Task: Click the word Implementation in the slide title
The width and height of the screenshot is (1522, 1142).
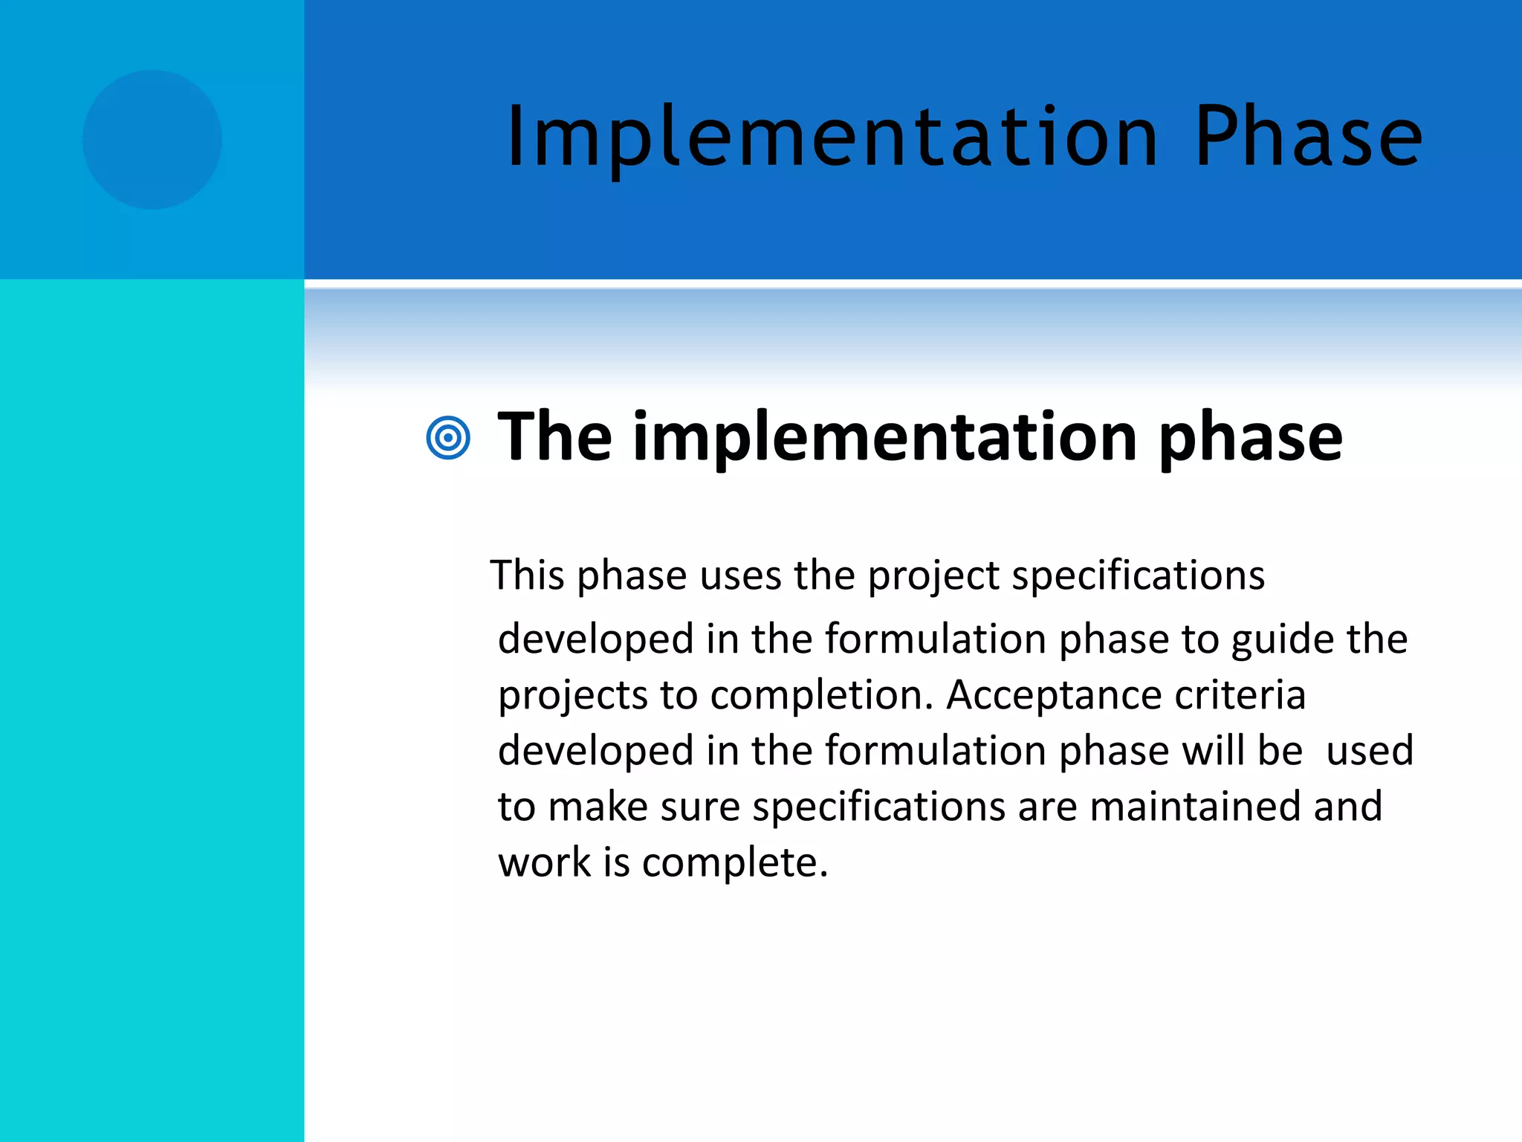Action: pyautogui.click(x=832, y=138)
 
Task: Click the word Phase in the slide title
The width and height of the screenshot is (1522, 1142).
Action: pyautogui.click(x=1308, y=138)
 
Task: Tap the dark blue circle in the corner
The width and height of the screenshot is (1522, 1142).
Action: pyautogui.click(x=152, y=140)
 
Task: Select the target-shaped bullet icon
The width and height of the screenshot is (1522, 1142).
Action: pyautogui.click(x=448, y=438)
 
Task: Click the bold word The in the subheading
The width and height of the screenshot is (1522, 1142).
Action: pyautogui.click(x=554, y=437)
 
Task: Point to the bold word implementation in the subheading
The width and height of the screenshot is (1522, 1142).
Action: pyautogui.click(x=884, y=439)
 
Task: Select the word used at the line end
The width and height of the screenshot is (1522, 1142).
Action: pyautogui.click(x=1369, y=750)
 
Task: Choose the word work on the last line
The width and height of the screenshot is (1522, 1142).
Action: pyautogui.click(x=544, y=862)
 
